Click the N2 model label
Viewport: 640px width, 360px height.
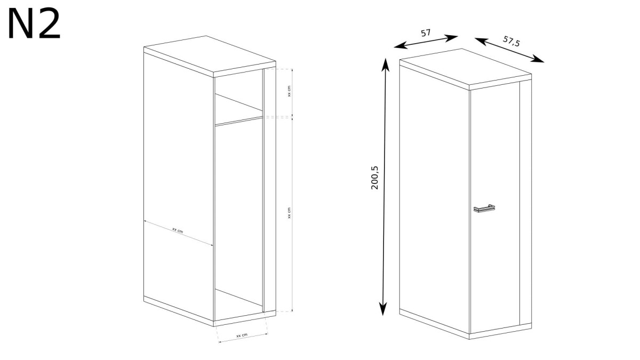34,24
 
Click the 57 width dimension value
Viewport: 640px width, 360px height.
426,33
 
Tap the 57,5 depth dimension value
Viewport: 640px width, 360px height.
511,41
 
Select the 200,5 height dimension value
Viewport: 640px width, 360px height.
374,178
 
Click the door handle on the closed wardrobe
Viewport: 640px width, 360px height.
484,209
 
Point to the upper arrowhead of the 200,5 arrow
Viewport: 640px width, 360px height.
386,65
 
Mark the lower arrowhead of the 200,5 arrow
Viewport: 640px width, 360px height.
383,309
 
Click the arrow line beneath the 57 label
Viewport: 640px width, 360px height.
426,42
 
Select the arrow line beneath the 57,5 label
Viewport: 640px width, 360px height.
509,50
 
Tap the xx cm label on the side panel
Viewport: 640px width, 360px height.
178,230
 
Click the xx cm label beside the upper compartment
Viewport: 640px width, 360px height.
289,91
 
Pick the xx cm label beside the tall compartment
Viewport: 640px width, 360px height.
289,213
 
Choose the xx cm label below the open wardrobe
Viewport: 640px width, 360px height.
242,335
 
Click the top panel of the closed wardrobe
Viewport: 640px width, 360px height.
466,69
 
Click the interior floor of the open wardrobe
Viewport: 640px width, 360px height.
238,305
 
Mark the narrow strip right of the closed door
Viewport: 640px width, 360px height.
526,202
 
